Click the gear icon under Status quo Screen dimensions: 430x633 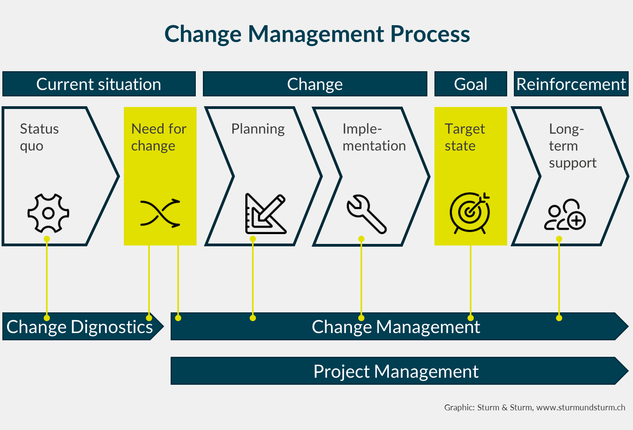tap(48, 213)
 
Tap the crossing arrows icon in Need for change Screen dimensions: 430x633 tap(160, 213)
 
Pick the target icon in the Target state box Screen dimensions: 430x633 tap(470, 213)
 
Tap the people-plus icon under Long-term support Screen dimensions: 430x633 tap(565, 215)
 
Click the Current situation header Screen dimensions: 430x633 tap(99, 84)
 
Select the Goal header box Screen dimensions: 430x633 tap(470, 84)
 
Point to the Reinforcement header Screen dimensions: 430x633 tap(571, 84)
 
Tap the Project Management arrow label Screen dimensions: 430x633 tap(396, 371)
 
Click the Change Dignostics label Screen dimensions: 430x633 tap(79, 327)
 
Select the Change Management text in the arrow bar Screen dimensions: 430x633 tap(396, 327)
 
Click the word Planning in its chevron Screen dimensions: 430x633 tap(258, 129)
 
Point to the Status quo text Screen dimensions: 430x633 tap(39, 137)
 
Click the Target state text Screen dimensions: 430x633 tap(464, 137)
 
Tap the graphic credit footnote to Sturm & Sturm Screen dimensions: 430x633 tap(534, 408)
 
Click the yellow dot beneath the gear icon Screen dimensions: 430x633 tap(47, 239)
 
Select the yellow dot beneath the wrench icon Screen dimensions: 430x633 tap(361, 239)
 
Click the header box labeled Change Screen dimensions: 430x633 tap(315, 84)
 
